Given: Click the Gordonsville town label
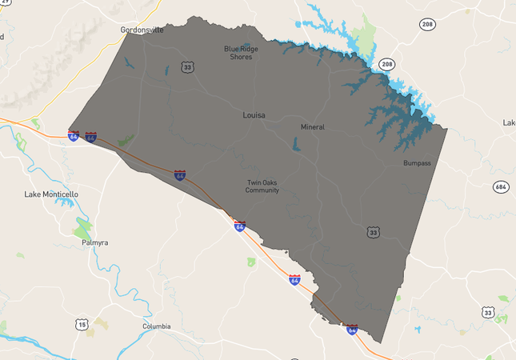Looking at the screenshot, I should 142,30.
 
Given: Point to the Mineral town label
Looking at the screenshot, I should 313,127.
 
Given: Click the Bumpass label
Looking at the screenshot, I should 417,163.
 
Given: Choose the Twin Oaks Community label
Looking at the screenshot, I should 262,186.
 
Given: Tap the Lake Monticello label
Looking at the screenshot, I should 51,194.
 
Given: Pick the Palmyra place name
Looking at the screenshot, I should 94,242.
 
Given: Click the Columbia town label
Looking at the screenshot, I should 157,326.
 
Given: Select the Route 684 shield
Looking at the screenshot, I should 501,186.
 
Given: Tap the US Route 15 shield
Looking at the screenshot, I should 81,323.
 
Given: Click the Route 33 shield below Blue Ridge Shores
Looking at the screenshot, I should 187,67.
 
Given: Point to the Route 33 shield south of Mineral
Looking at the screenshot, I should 373,232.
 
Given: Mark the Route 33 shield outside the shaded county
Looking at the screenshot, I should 487,311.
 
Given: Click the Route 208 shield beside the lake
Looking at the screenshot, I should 387,64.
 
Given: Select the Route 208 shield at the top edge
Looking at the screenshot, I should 427,25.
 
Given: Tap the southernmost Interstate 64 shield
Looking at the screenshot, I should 352,329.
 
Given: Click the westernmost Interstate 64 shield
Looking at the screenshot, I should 74,137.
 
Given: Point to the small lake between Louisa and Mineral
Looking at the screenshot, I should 295,145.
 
